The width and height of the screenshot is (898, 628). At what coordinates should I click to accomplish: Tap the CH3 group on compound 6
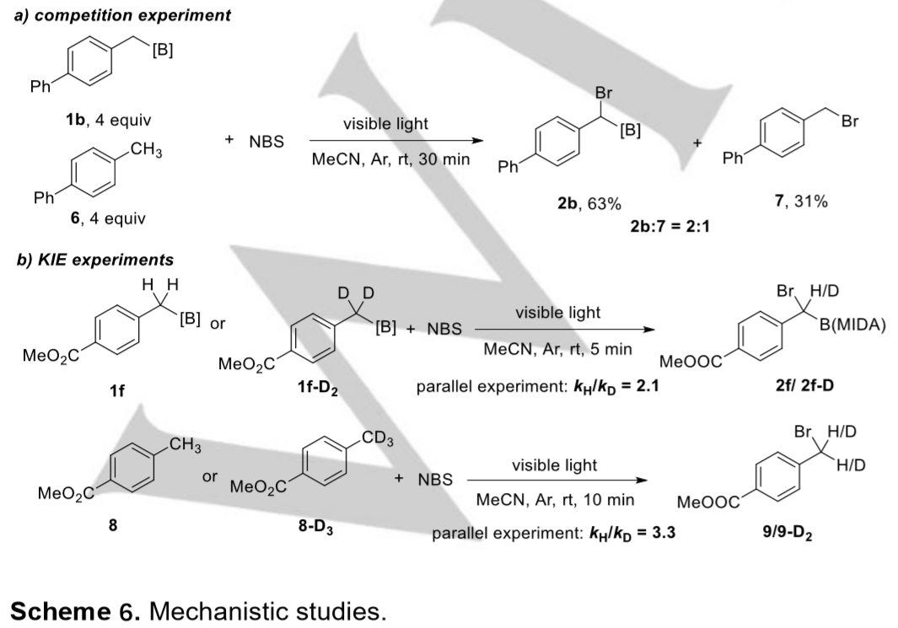click(147, 151)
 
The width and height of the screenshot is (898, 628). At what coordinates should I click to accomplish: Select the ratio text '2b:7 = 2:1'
click(669, 226)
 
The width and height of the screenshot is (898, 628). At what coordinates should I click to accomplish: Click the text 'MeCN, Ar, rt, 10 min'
click(555, 500)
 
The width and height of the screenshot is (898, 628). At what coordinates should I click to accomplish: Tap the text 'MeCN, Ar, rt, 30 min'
click(390, 158)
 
